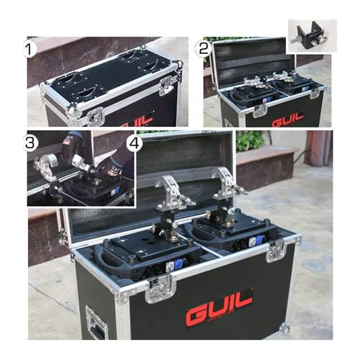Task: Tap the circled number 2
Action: [x=204, y=49]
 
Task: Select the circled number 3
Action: [x=30, y=142]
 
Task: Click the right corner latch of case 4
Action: [x=275, y=251]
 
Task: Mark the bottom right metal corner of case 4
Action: [x=286, y=329]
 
